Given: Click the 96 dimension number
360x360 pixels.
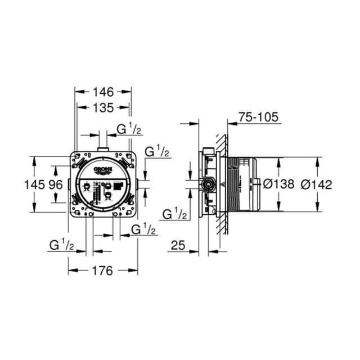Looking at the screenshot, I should (55, 184).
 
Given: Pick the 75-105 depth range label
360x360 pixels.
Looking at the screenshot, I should (259, 118).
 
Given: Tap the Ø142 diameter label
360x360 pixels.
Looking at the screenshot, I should (317, 184).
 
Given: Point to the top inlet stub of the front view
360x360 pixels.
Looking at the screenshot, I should (102, 148).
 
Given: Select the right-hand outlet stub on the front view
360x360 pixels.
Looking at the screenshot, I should (137, 184).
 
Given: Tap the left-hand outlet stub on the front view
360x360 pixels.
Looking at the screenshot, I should (69, 184).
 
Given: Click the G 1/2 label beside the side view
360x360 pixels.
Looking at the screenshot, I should (174, 214).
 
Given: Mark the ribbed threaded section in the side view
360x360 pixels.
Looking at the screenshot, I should (232, 184).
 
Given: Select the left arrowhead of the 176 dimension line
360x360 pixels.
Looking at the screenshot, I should (71, 271).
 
